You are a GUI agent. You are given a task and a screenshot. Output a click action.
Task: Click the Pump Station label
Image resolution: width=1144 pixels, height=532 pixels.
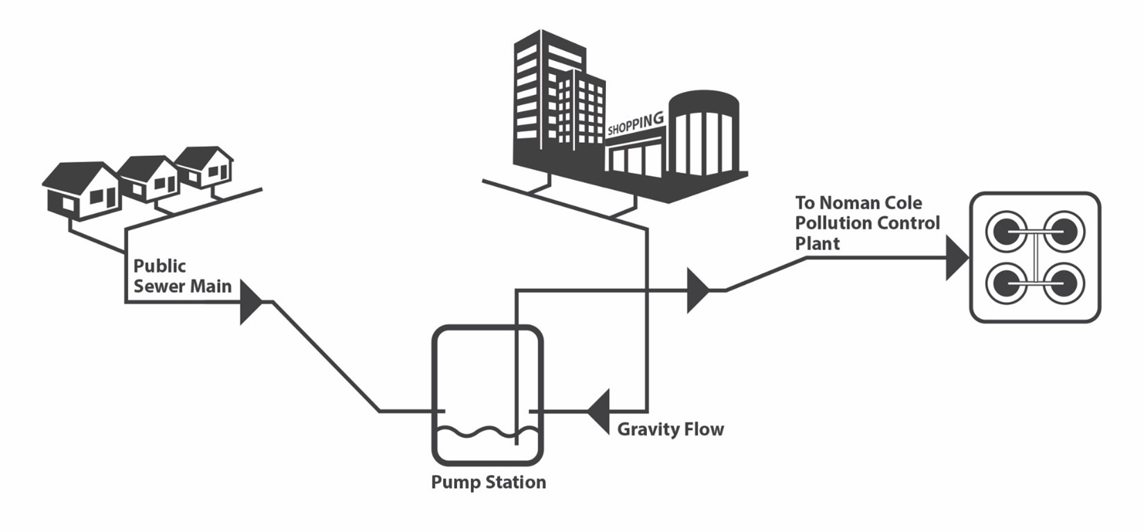(x=488, y=482)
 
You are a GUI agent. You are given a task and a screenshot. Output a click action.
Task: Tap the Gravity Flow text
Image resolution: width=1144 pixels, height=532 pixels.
(x=670, y=429)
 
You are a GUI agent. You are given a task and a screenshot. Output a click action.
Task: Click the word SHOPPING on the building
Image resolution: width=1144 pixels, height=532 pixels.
(x=634, y=124)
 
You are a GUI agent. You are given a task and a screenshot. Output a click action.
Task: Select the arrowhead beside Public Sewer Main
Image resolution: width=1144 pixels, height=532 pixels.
(x=250, y=302)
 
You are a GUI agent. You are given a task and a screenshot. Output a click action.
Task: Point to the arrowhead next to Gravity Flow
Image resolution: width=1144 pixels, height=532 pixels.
(x=598, y=411)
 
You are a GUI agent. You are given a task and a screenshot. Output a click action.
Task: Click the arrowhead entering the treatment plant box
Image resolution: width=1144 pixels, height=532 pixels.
(x=956, y=258)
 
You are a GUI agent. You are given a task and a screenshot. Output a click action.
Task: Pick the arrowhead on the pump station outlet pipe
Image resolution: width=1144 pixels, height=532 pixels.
(x=697, y=291)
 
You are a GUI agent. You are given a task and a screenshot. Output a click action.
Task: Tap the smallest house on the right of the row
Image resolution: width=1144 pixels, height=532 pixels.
(x=205, y=166)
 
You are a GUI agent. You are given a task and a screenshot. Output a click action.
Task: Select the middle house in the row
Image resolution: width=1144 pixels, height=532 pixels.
(x=149, y=177)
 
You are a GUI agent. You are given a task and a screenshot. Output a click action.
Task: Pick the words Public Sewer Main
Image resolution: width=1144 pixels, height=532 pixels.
(x=182, y=276)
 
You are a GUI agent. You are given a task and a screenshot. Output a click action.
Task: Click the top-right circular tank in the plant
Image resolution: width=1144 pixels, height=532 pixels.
(x=1064, y=231)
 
